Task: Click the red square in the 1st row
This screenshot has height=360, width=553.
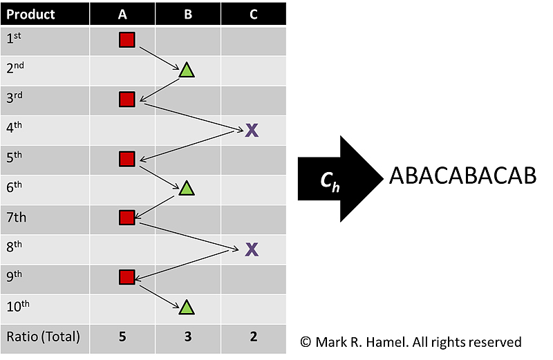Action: [126, 40]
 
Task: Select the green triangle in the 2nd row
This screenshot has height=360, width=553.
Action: [186, 70]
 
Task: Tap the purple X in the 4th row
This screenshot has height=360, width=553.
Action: [252, 130]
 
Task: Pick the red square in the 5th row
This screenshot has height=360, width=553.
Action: [126, 160]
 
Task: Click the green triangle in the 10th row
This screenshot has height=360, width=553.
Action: [186, 307]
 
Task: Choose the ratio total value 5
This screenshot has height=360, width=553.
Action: [122, 338]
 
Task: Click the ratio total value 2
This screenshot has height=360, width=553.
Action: [253, 338]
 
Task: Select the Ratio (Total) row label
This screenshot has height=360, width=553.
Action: [43, 338]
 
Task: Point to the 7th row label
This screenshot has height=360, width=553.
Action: [17, 218]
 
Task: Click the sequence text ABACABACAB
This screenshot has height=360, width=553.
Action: [462, 176]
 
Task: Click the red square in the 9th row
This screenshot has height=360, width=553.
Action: [126, 278]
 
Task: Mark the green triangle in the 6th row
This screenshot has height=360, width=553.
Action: [186, 188]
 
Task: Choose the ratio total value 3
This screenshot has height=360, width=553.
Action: [187, 338]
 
